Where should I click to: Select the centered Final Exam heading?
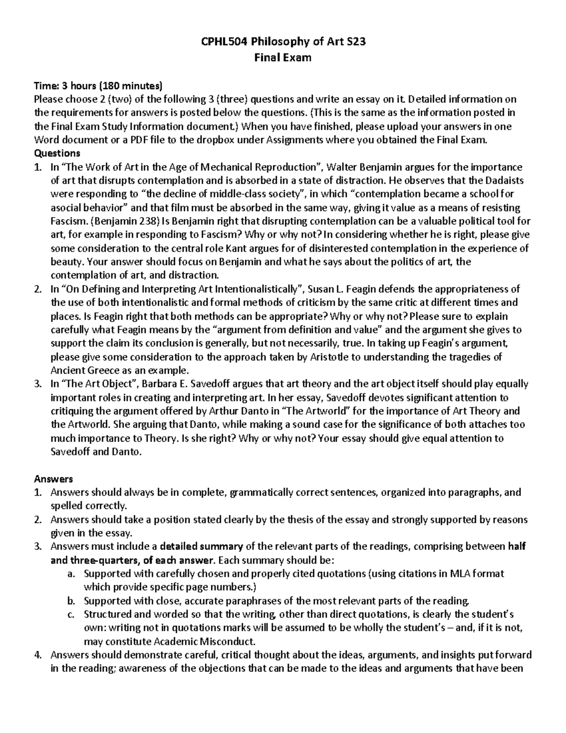coord(283,58)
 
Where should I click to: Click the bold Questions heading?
coord(57,153)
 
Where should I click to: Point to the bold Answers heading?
coord(53,479)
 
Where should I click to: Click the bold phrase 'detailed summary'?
coord(201,547)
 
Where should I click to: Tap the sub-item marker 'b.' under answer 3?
coord(71,601)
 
